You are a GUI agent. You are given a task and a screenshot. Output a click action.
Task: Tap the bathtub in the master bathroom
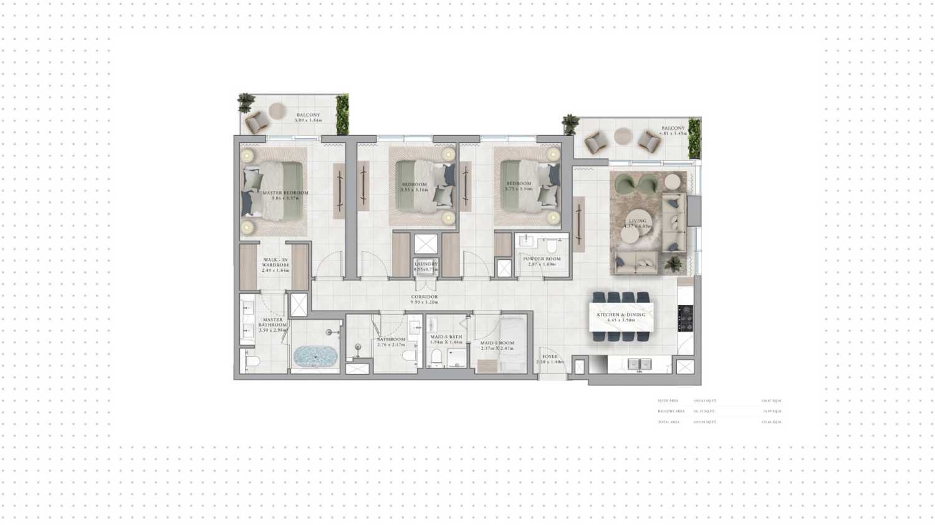point(315,357)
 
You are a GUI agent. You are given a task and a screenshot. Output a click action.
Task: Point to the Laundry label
point(426,264)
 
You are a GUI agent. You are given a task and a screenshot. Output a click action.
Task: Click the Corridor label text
point(424,297)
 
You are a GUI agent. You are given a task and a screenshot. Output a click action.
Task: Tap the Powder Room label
point(542,259)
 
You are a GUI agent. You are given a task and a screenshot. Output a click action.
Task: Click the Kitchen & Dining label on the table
point(621,315)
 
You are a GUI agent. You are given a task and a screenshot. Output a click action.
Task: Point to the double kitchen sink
point(639,364)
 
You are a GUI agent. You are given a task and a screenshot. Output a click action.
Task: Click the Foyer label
point(550,357)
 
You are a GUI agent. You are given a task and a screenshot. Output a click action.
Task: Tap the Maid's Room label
point(497,344)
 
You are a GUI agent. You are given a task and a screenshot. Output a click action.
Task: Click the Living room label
point(638,221)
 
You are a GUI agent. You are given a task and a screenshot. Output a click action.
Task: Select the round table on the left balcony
point(277,112)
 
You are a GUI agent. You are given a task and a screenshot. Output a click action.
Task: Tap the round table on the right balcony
point(623,136)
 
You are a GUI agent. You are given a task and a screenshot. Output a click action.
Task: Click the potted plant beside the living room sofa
point(673,265)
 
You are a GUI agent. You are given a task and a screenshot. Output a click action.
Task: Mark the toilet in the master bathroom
point(251,362)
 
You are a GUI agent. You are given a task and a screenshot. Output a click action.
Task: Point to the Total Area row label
point(669,422)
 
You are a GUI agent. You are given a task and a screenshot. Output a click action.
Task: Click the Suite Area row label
point(668,401)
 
